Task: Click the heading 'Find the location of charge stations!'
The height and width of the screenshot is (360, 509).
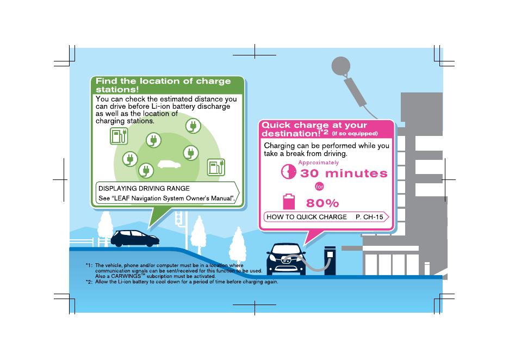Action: click(x=163, y=85)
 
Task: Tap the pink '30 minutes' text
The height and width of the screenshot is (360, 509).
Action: click(x=344, y=173)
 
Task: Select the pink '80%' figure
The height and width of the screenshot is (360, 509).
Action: click(x=322, y=203)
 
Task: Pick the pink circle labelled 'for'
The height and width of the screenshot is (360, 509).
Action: click(x=320, y=187)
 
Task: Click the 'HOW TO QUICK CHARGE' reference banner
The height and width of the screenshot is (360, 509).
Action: click(x=306, y=217)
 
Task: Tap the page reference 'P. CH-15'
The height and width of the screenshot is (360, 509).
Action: click(x=369, y=217)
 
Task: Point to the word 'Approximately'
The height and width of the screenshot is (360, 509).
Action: click(x=318, y=163)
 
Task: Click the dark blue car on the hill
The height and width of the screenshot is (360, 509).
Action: click(x=135, y=238)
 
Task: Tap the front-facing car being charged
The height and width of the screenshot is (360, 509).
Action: click(x=286, y=260)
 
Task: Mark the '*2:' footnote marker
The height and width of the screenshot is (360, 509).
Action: click(x=89, y=282)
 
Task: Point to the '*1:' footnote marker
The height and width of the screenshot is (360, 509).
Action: click(x=89, y=265)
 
